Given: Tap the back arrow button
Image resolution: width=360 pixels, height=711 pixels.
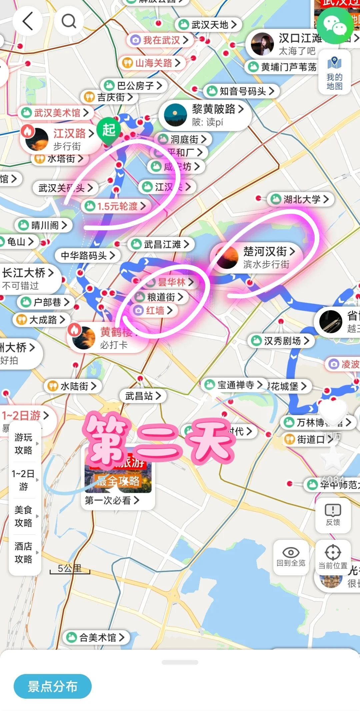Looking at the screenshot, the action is tap(28, 21).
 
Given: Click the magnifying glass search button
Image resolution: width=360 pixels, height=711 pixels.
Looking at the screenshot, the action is tap(69, 21).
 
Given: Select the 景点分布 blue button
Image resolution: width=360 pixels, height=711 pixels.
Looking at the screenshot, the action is tap(52, 686).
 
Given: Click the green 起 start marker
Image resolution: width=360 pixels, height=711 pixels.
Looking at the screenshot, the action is tap(109, 130).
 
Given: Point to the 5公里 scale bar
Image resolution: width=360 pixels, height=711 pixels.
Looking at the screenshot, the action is tap(70, 569).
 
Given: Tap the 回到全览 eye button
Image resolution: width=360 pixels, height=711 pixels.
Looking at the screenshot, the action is tap(291, 557).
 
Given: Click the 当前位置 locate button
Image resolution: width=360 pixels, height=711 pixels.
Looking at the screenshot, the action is tap(333, 557).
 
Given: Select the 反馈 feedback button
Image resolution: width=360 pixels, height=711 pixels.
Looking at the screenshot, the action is tap(333, 515).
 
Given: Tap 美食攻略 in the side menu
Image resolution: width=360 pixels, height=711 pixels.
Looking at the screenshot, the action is tap(23, 516).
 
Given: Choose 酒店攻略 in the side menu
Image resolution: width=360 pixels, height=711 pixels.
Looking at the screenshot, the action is tap(23, 552).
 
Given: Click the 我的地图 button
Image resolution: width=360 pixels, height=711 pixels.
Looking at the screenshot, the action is tap(334, 73).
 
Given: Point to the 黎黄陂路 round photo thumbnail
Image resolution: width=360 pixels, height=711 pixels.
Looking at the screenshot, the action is tap(176, 115).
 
